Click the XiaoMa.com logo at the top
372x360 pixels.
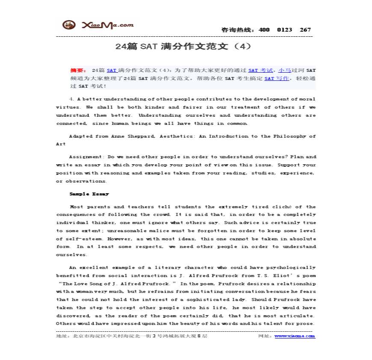click(98, 25)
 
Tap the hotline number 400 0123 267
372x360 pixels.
click(284, 30)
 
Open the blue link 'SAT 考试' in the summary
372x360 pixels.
click(260, 70)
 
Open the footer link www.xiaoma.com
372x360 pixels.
click(295, 336)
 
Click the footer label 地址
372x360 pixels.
click(62, 336)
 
